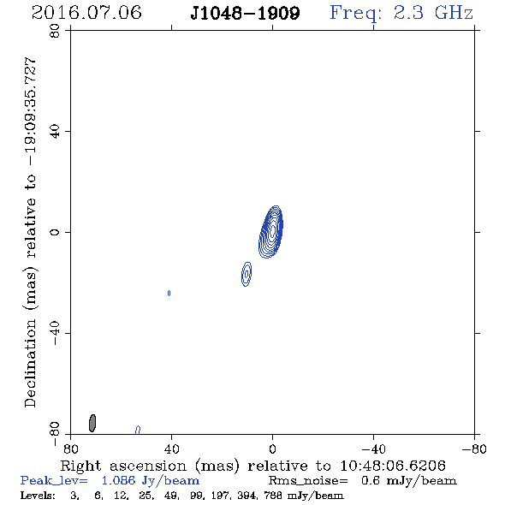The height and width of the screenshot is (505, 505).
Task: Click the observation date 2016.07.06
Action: (x=86, y=12)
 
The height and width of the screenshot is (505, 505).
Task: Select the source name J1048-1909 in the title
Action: (x=245, y=13)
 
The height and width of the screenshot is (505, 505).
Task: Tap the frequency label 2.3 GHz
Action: (x=433, y=13)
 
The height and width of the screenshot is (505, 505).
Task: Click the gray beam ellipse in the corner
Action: (x=92, y=423)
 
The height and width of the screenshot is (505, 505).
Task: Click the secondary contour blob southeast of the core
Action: (x=247, y=274)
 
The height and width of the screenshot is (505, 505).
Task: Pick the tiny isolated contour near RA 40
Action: (x=169, y=293)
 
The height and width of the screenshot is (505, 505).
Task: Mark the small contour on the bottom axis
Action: (x=138, y=430)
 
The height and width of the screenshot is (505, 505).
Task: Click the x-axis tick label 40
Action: (x=171, y=449)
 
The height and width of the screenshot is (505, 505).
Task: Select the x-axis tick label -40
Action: (x=373, y=449)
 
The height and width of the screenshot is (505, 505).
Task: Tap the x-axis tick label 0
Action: (x=272, y=449)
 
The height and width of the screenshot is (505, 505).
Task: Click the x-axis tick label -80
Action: (x=474, y=449)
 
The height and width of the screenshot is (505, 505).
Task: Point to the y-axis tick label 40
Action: (x=55, y=132)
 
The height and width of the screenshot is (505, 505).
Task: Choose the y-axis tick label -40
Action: (x=55, y=333)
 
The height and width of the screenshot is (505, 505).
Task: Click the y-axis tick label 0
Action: (x=55, y=232)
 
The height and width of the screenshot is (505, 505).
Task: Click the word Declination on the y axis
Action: (x=30, y=363)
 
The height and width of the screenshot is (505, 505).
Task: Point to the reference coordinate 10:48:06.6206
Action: (x=393, y=466)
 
